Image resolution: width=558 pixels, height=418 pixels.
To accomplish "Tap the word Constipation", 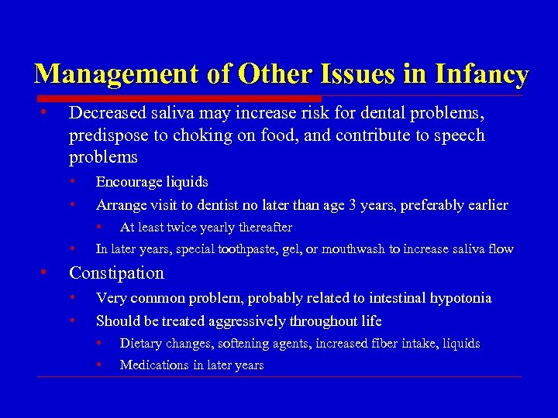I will coord(116,273).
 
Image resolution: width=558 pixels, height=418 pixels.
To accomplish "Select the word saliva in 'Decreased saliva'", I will coord(163,113).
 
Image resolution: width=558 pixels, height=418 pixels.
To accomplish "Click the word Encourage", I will coord(128,182).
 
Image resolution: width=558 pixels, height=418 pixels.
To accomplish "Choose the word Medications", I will coord(153,365).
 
